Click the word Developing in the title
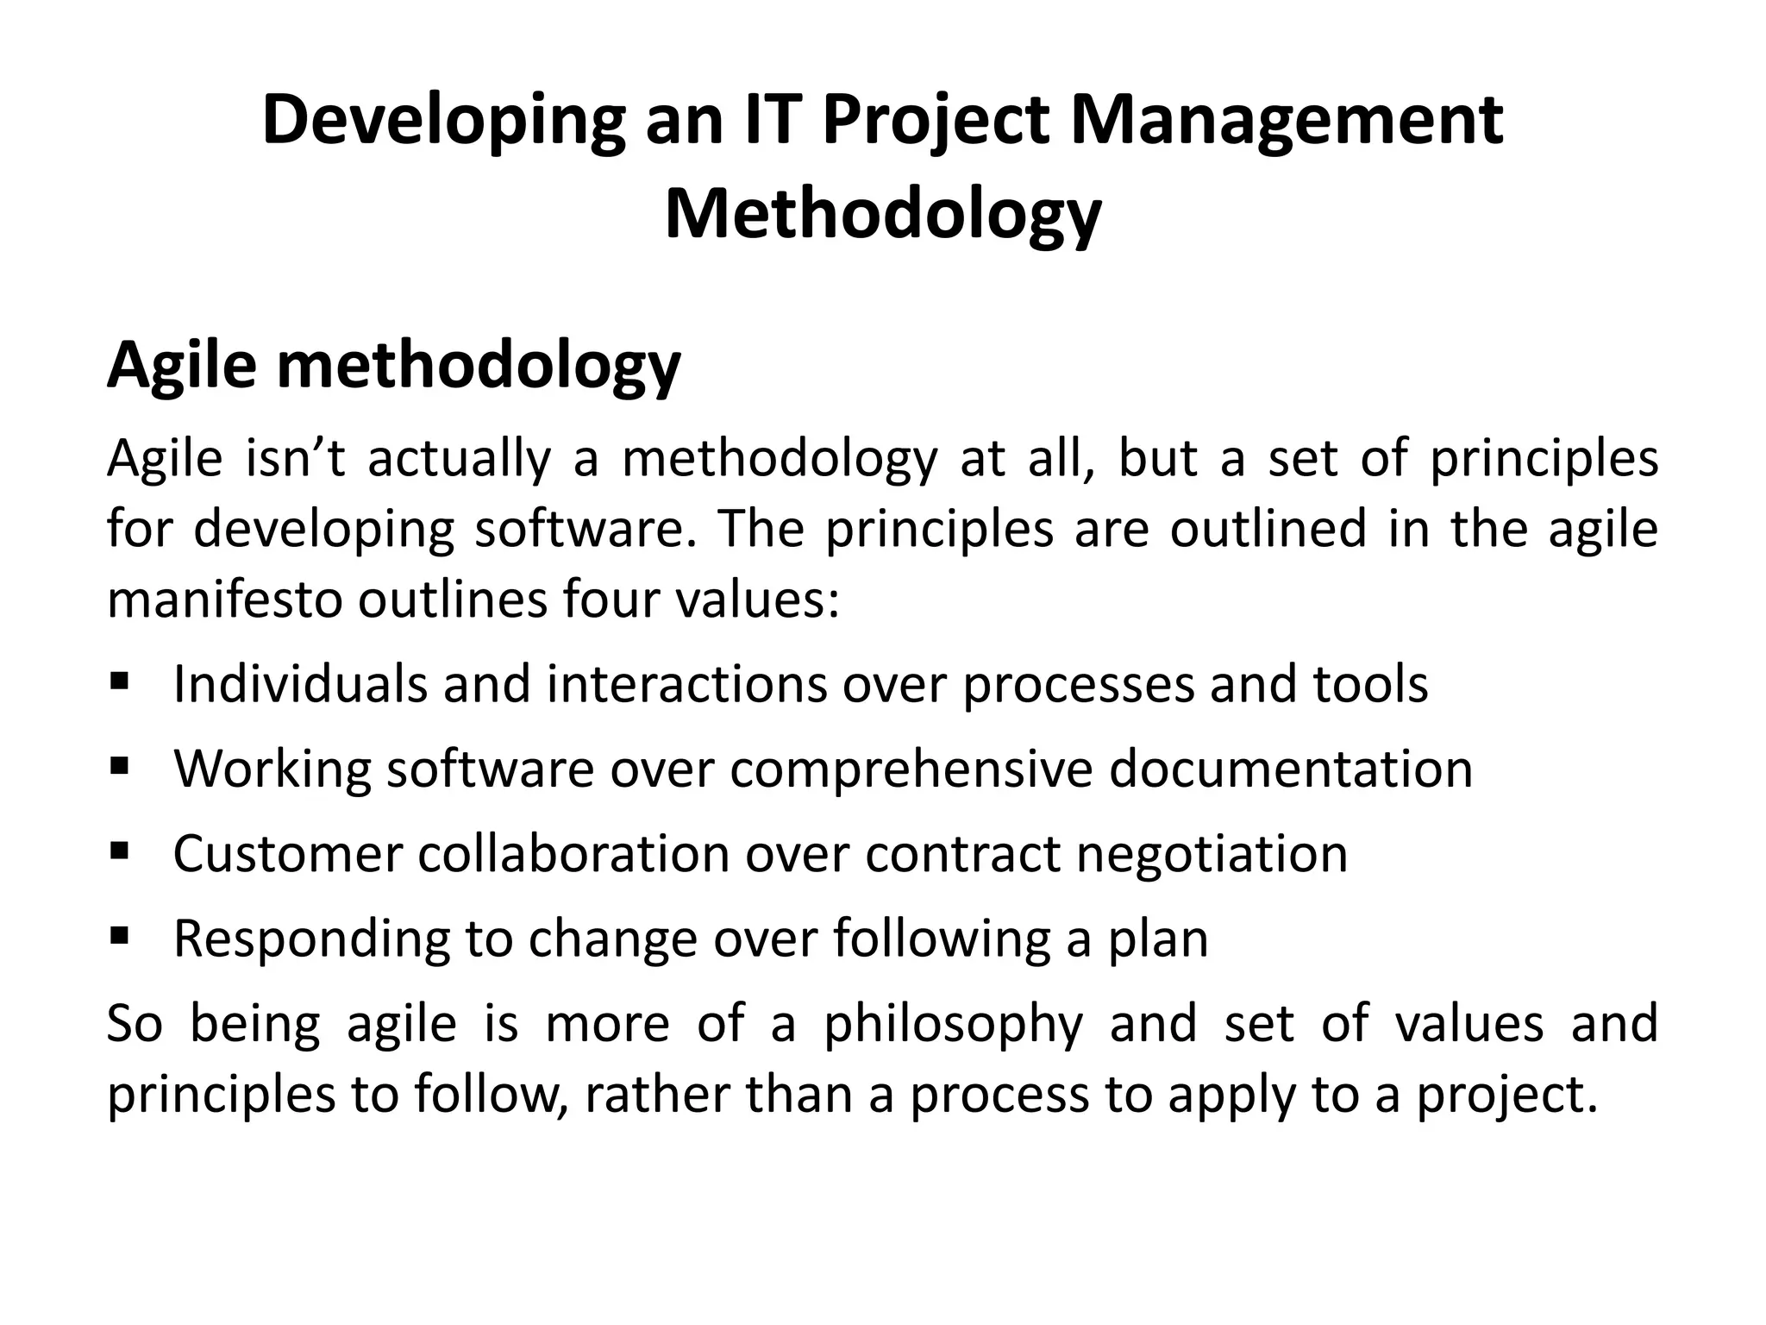click(443, 122)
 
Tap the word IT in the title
click(775, 120)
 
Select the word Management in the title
click(1287, 122)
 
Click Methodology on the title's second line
click(882, 215)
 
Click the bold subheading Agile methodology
click(393, 367)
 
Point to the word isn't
click(295, 458)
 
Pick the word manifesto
click(225, 599)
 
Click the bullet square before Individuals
click(119, 683)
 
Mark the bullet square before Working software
click(119, 764)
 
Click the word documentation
click(1290, 768)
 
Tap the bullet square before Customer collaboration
click(119, 851)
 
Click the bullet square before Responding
click(119, 934)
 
